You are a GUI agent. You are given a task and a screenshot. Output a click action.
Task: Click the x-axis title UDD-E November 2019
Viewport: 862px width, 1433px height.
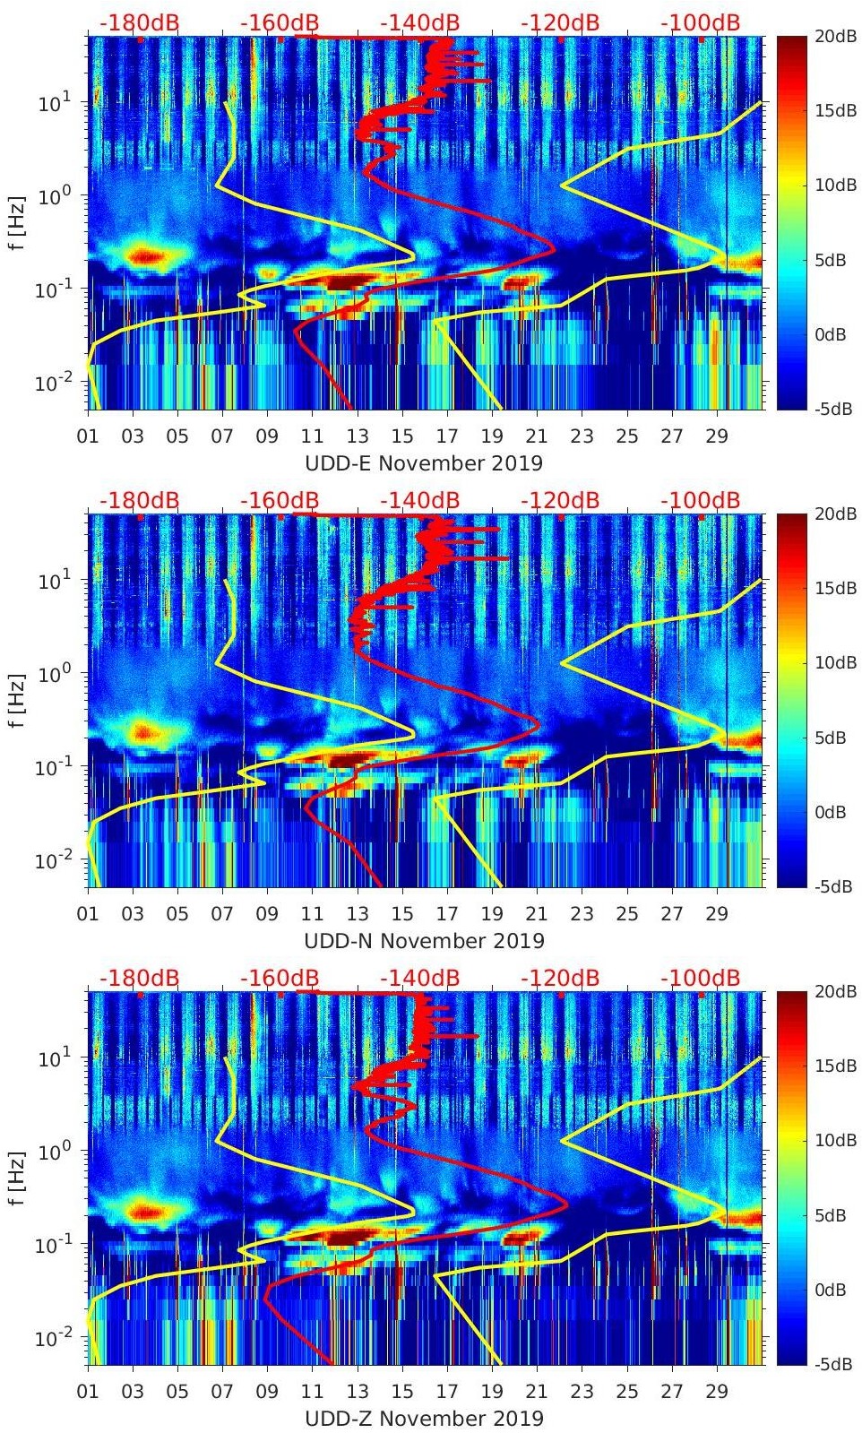pyautogui.click(x=424, y=463)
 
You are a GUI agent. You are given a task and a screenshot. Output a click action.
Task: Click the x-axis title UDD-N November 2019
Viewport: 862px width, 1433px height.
pyautogui.click(x=424, y=941)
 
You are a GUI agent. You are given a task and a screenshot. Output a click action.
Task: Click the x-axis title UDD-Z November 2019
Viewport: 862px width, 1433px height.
pyautogui.click(x=424, y=1419)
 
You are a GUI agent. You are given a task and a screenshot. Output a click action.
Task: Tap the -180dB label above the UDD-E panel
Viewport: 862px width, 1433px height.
pyautogui.click(x=139, y=22)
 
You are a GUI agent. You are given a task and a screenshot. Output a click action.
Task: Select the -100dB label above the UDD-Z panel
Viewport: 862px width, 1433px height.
pyautogui.click(x=701, y=978)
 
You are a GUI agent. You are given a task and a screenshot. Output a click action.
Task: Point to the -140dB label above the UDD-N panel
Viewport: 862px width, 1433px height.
pyautogui.click(x=419, y=500)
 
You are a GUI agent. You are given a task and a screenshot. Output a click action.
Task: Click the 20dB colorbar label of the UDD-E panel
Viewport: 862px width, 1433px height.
pyautogui.click(x=834, y=36)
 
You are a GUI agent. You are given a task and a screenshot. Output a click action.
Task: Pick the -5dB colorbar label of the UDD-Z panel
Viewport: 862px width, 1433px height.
pyautogui.click(x=832, y=1365)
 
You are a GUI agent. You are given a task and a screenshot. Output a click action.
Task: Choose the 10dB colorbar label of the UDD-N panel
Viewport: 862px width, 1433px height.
pyautogui.click(x=834, y=663)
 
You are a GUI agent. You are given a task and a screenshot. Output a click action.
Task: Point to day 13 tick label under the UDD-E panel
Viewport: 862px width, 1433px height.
pyautogui.click(x=358, y=437)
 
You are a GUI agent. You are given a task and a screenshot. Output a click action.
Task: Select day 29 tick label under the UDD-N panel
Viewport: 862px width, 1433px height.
pyautogui.click(x=717, y=915)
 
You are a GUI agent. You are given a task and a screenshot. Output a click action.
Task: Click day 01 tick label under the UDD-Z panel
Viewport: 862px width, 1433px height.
pyautogui.click(x=88, y=1393)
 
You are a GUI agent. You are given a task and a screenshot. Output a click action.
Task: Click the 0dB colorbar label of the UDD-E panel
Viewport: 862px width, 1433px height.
pyautogui.click(x=832, y=335)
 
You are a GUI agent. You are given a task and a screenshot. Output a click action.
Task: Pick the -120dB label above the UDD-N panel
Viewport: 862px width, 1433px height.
pyautogui.click(x=560, y=500)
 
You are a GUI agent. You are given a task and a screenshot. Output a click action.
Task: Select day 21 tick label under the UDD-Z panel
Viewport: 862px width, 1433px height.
pyautogui.click(x=537, y=1393)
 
